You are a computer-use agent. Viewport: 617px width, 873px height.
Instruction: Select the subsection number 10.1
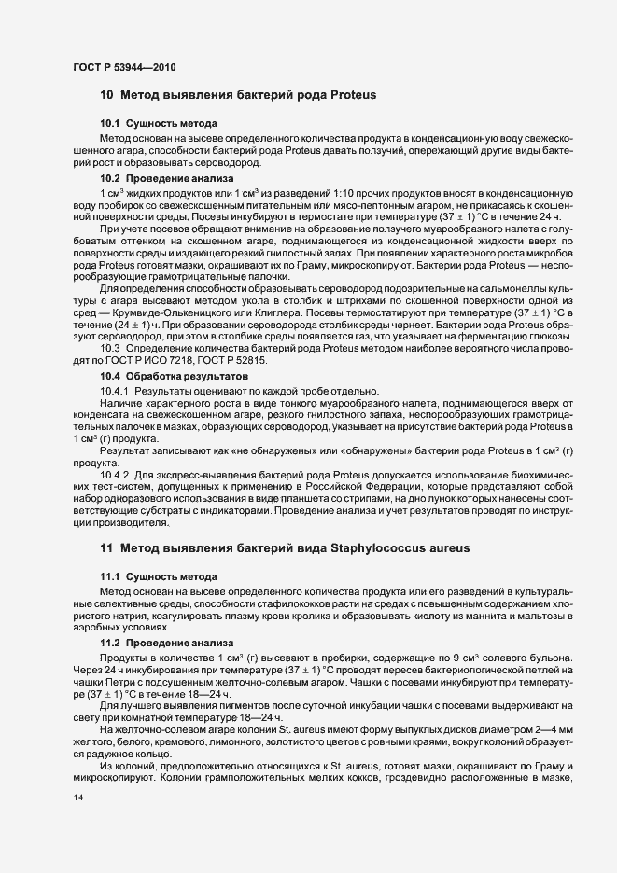pyautogui.click(x=111, y=124)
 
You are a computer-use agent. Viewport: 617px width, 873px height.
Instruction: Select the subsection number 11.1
pyautogui.click(x=111, y=577)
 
